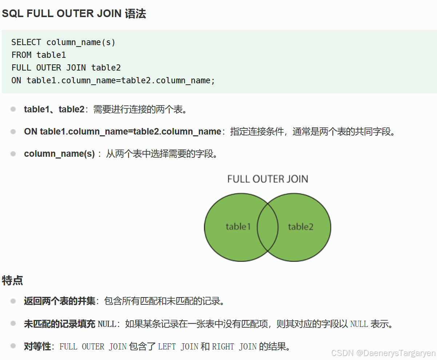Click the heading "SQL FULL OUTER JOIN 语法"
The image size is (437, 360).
pos(74,14)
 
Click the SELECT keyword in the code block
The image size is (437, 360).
pos(26,43)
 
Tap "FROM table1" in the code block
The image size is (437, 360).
pos(39,55)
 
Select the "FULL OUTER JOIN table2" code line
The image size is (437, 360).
pos(66,68)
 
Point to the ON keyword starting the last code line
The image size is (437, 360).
pos(16,80)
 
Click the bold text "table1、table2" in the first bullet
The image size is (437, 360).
pos(54,109)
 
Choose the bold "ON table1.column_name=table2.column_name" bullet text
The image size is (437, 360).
pos(123,132)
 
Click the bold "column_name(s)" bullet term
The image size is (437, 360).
pos(59,154)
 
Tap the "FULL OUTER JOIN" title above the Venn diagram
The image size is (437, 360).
pos(268,179)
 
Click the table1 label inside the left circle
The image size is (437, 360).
pos(238,227)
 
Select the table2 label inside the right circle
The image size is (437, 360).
pos(301,227)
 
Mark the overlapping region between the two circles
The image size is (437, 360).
pos(268,227)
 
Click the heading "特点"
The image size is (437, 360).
pos(12,281)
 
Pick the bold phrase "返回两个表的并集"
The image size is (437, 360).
pos(60,301)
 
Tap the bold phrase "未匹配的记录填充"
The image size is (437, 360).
pos(60,324)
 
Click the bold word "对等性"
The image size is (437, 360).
pos(37,346)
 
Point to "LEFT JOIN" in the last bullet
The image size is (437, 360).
pos(178,347)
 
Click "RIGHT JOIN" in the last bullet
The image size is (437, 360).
pos(234,347)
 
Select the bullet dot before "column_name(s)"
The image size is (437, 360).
pos(13,154)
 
